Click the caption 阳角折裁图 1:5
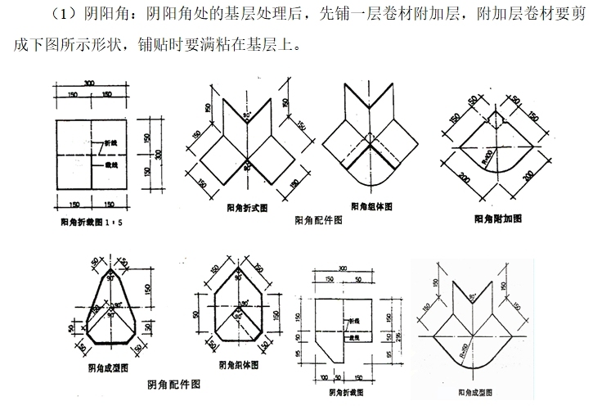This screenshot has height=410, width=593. tap(91, 222)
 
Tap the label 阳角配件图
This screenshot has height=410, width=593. tap(317, 221)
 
